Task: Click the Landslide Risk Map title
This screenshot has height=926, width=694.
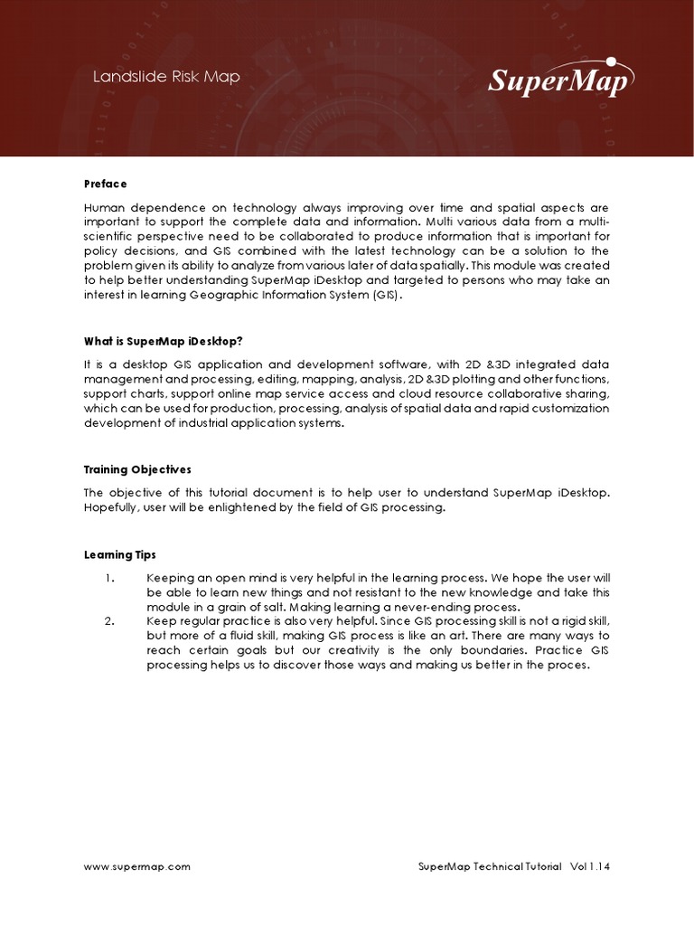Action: [x=166, y=77]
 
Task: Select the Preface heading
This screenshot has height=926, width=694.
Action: [x=106, y=184]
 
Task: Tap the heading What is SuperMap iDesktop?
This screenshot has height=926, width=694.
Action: [x=164, y=341]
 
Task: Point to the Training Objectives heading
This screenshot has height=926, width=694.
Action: [x=137, y=469]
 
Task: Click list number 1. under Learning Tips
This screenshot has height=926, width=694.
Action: [x=109, y=577]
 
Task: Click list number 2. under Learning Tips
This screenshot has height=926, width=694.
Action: [x=109, y=621]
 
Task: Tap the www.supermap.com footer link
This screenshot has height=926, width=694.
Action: [x=137, y=866]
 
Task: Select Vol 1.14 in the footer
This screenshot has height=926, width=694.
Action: [x=590, y=866]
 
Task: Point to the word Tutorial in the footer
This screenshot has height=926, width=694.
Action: [x=543, y=866]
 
